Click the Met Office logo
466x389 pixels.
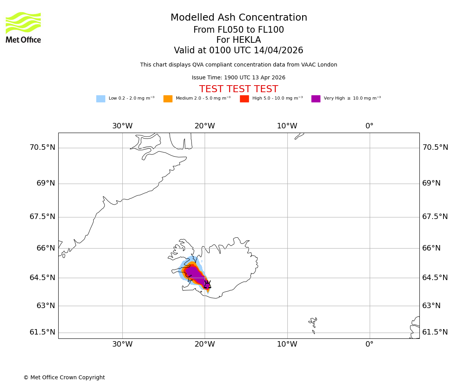tap(23, 27)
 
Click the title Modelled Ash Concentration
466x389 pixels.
tap(238, 18)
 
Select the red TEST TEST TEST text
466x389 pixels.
tap(238, 89)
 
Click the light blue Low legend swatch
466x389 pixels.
tap(101, 99)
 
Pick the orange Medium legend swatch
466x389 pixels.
tap(168, 99)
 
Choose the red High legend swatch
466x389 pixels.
tap(244, 99)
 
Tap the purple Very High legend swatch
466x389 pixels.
tap(316, 99)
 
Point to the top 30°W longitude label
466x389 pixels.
tap(122, 126)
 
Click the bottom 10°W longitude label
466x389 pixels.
tap(287, 344)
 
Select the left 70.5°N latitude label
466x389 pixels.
tap(42, 147)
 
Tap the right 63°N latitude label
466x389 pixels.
tap(431, 306)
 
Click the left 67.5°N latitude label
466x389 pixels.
tap(42, 217)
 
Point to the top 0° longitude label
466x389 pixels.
tap(369, 126)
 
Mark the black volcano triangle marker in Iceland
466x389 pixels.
tap(207, 285)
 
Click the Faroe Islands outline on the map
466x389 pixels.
tap(313, 325)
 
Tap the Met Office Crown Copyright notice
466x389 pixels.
tap(64, 377)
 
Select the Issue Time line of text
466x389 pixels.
tap(238, 78)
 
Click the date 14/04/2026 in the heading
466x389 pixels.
tap(278, 51)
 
